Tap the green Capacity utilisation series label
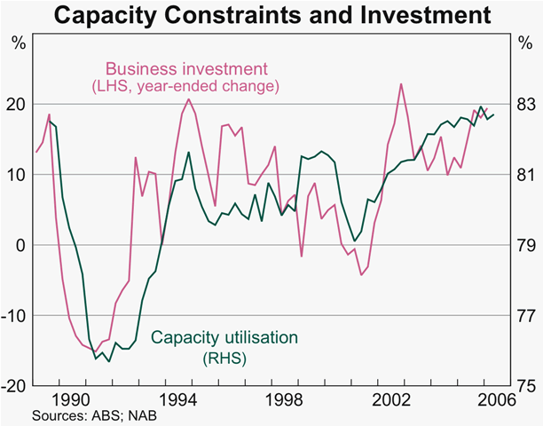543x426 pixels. [x=224, y=338]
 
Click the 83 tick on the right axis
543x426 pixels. [x=525, y=104]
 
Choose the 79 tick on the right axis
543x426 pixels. [x=525, y=246]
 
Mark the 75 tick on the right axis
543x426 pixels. [x=525, y=386]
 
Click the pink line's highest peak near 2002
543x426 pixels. [x=401, y=84]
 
